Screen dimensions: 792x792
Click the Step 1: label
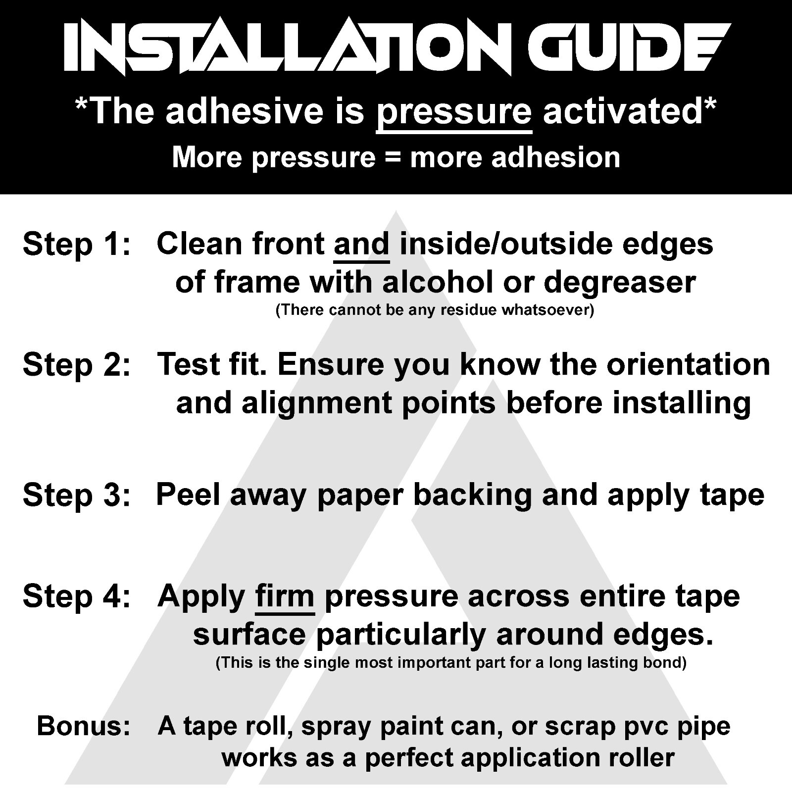77,245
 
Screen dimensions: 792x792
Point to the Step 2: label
77,365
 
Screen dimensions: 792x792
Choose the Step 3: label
77,495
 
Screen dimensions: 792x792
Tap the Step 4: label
77,596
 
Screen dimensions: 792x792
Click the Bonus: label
84,726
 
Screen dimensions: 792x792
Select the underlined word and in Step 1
362,245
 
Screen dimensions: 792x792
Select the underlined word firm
285,597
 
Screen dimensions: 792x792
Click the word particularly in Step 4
400,636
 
